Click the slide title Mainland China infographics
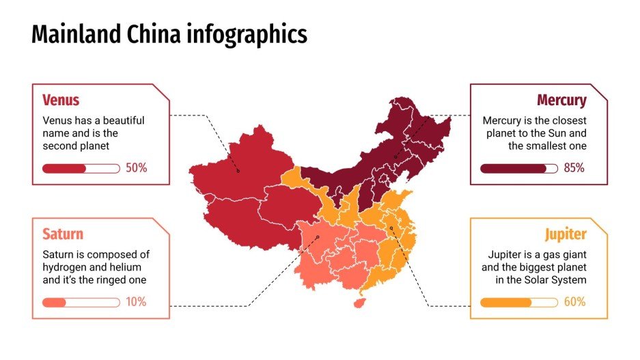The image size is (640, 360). [169, 34]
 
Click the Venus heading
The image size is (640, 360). [61, 100]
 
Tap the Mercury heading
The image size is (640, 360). [561, 100]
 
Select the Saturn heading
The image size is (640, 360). [63, 234]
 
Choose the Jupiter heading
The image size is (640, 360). [566, 234]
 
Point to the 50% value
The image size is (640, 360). [137, 168]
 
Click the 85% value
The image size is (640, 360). [574, 168]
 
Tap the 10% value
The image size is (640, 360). [136, 302]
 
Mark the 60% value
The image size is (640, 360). [574, 302]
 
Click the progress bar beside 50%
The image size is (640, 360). [81, 168]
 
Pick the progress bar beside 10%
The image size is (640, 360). [81, 302]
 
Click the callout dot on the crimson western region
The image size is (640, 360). [238, 171]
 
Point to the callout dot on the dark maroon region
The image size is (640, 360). [395, 156]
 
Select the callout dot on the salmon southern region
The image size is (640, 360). [318, 237]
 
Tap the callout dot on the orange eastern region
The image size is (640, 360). [391, 228]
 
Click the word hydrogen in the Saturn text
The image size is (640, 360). [64, 267]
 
